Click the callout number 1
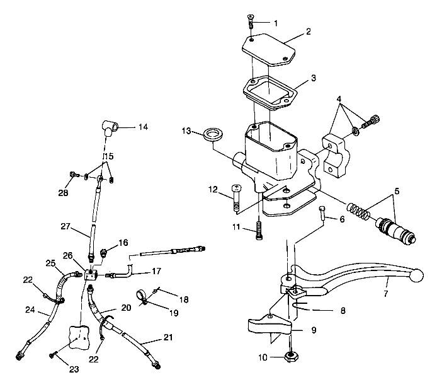(275, 23)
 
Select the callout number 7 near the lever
(385, 294)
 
